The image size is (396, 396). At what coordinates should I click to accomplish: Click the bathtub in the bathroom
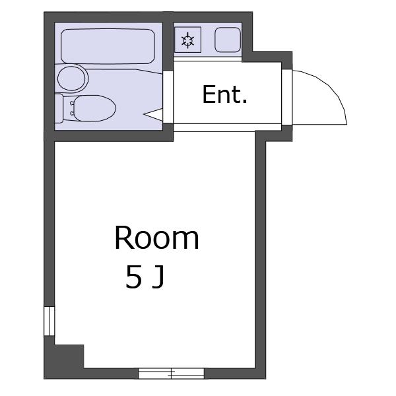pyautogui.click(x=108, y=46)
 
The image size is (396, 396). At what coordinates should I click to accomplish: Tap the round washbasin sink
pyautogui.click(x=71, y=79)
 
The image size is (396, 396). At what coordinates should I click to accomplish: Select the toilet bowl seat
pyautogui.click(x=94, y=108)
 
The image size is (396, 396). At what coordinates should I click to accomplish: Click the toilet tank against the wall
pyautogui.click(x=59, y=108)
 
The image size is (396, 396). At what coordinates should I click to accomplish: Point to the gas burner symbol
pyautogui.click(x=188, y=40)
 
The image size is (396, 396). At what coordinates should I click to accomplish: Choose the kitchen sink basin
pyautogui.click(x=227, y=40)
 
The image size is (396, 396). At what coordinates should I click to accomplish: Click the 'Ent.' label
pyautogui.click(x=224, y=94)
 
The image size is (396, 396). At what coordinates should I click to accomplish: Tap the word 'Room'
pyautogui.click(x=157, y=238)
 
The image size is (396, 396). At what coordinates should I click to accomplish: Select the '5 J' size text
pyautogui.click(x=145, y=277)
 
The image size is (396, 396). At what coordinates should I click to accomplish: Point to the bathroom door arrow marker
pyautogui.click(x=153, y=114)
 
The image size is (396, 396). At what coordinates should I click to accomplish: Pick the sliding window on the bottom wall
pyautogui.click(x=171, y=374)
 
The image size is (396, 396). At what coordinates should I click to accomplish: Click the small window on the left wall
pyautogui.click(x=49, y=321)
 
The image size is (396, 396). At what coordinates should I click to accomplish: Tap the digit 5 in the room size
pyautogui.click(x=133, y=277)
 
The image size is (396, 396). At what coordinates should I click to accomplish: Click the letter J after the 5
pyautogui.click(x=158, y=278)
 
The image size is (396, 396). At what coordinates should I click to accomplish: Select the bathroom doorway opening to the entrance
pyautogui.click(x=168, y=97)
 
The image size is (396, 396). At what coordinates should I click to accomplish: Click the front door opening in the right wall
pyautogui.click(x=287, y=97)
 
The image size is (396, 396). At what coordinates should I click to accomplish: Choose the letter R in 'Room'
pyautogui.click(x=123, y=238)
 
